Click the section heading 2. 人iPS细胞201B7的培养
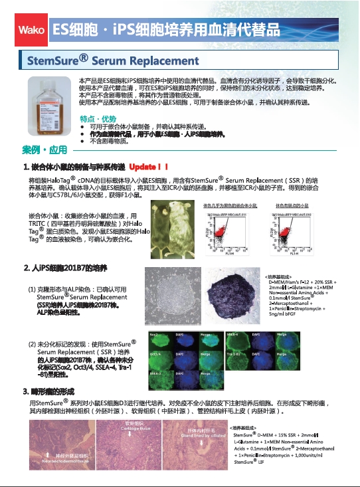coord(65,268)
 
